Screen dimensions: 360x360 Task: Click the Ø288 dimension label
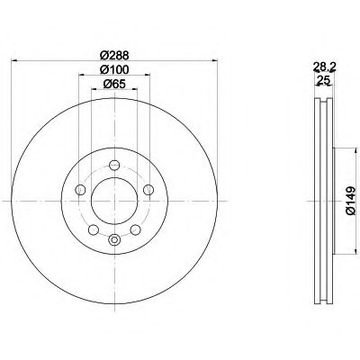point(114,55)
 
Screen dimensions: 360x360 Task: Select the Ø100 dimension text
point(114,69)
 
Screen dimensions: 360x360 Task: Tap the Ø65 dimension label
point(114,85)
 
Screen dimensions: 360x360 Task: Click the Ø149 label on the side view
point(350,201)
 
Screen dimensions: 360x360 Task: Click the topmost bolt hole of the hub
point(114,165)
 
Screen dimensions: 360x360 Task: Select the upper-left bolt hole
point(80,189)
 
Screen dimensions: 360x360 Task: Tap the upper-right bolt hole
point(148,190)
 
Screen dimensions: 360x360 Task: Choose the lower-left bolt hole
point(94,229)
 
